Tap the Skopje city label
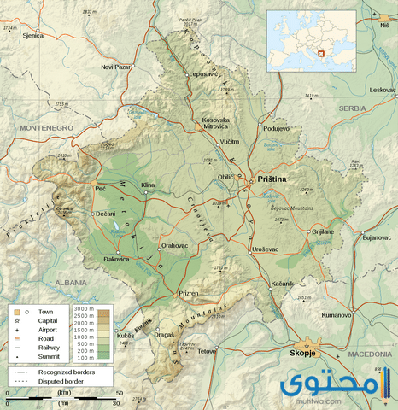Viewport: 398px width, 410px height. point(305,352)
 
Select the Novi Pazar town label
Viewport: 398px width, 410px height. point(118,67)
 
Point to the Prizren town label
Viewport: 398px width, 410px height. point(188,293)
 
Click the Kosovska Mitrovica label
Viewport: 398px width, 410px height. point(215,124)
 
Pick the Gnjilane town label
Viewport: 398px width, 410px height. point(322,231)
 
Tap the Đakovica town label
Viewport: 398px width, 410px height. point(117,257)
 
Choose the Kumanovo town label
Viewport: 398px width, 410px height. point(336,315)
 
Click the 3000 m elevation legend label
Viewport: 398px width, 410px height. point(85,307)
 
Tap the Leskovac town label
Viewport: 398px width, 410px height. point(382,90)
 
